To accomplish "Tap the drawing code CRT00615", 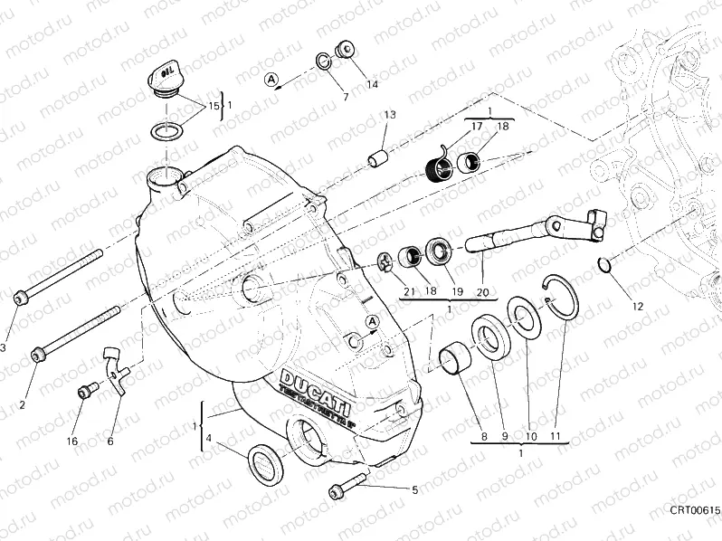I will pyautogui.click(x=695, y=511).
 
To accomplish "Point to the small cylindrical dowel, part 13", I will pyautogui.click(x=376, y=157).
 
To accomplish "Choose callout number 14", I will pyautogui.click(x=372, y=85).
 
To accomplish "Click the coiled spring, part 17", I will pyautogui.click(x=439, y=167).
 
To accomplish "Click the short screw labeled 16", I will pyautogui.click(x=86, y=392).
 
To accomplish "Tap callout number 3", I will pyautogui.click(x=3, y=347).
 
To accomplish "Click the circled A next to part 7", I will pyautogui.click(x=271, y=80).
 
